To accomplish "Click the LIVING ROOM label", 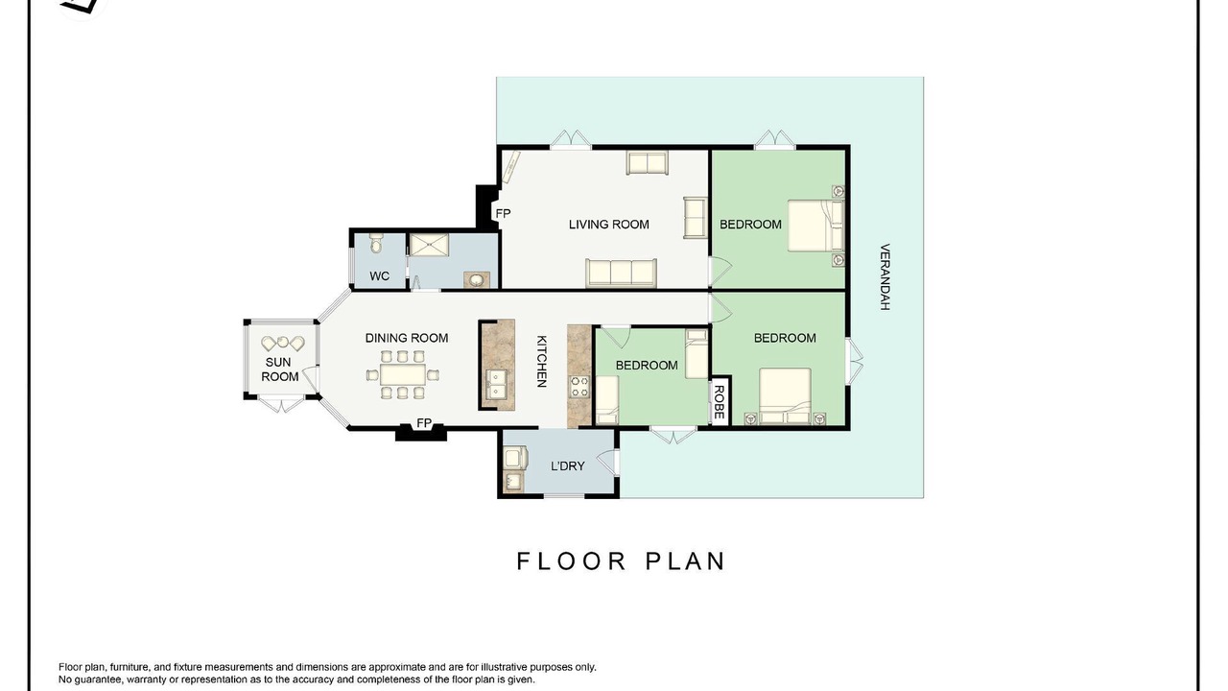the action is (x=608, y=225).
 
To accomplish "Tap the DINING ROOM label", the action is (x=407, y=338).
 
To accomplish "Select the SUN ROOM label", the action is (x=279, y=369).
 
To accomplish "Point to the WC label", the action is (x=379, y=275).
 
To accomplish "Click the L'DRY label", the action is (x=567, y=466).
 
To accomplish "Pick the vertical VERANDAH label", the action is (x=885, y=277).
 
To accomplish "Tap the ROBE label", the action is (x=720, y=402).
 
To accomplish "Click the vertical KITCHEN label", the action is (x=541, y=362).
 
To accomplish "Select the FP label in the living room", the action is (x=503, y=213).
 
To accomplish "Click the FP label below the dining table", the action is (x=424, y=423).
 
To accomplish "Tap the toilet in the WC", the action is (x=375, y=243).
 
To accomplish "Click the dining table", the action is (x=403, y=375).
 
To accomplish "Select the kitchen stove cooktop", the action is (x=579, y=387).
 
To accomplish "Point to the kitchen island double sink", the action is (x=497, y=383).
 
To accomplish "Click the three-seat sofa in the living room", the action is (x=621, y=273).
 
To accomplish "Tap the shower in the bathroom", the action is (x=430, y=245).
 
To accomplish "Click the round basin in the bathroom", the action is (x=477, y=280).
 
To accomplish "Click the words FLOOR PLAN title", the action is (x=621, y=561).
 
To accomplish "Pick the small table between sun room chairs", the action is (x=283, y=342).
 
